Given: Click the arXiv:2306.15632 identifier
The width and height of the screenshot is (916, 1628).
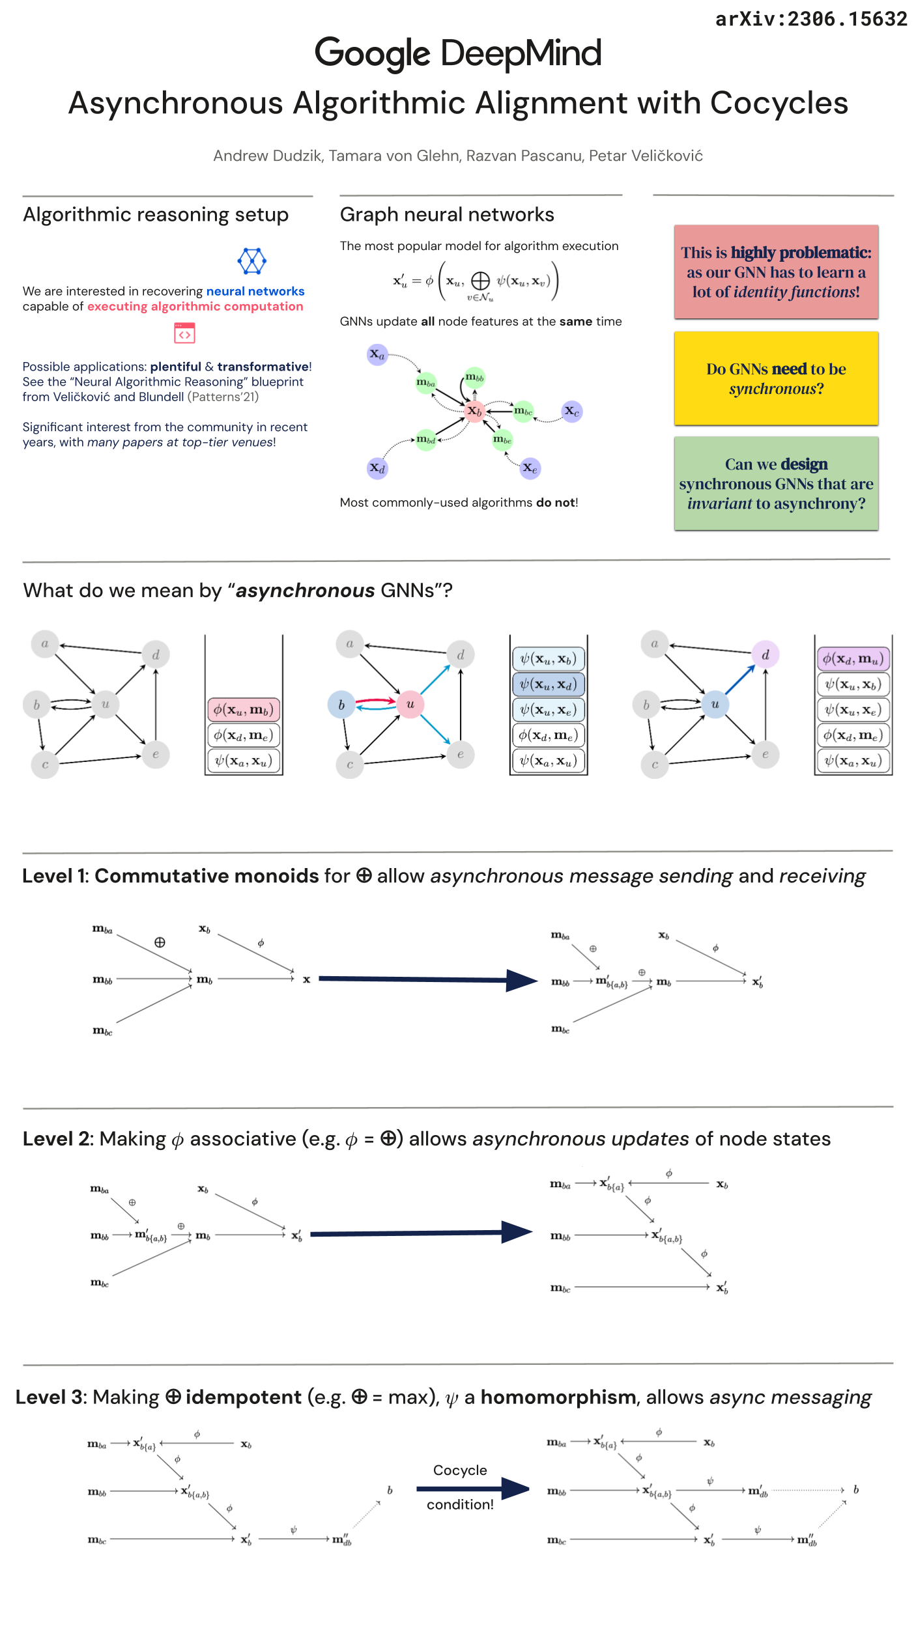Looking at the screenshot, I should coord(810,19).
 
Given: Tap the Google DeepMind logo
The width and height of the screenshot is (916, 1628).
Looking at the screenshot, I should coord(457,53).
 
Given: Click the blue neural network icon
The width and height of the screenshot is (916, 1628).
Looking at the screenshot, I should coord(251,261).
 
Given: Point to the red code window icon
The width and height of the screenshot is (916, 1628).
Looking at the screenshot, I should coord(184,333).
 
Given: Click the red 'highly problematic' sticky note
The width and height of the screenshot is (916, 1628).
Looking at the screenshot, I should coord(776,272).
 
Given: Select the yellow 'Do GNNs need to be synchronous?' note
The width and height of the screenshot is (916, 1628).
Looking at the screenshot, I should coord(776,378).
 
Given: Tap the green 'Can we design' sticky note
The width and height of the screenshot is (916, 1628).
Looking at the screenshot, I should coord(776,483).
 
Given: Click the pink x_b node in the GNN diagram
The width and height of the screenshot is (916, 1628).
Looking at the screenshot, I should coord(475,412).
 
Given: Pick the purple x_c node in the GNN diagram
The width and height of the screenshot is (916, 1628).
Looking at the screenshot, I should coord(571,411).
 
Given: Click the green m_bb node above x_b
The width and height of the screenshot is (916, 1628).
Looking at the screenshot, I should coord(474,377).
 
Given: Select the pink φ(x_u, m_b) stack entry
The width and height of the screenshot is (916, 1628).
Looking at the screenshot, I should coord(244,709).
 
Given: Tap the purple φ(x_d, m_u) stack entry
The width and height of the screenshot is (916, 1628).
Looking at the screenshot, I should coord(853,658).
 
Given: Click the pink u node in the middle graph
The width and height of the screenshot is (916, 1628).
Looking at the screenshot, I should coord(410,704).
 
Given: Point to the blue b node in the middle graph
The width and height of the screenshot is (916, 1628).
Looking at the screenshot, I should coord(341,705).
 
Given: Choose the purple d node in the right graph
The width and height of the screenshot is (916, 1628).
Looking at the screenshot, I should coord(765,654).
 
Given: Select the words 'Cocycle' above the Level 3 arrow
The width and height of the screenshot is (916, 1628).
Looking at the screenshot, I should coord(460,1470).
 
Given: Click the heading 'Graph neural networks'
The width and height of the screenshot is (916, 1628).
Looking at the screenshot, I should coord(447,214).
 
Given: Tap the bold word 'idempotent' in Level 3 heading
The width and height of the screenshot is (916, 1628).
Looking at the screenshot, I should coord(243,1397).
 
